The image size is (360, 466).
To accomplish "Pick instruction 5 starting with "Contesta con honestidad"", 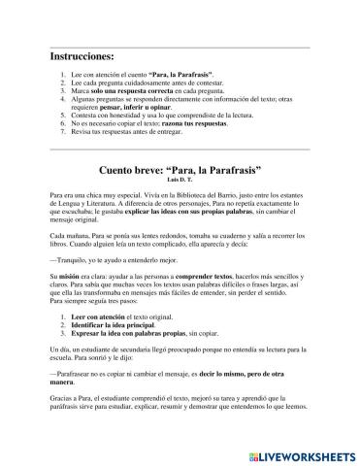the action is pos(155,112).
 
